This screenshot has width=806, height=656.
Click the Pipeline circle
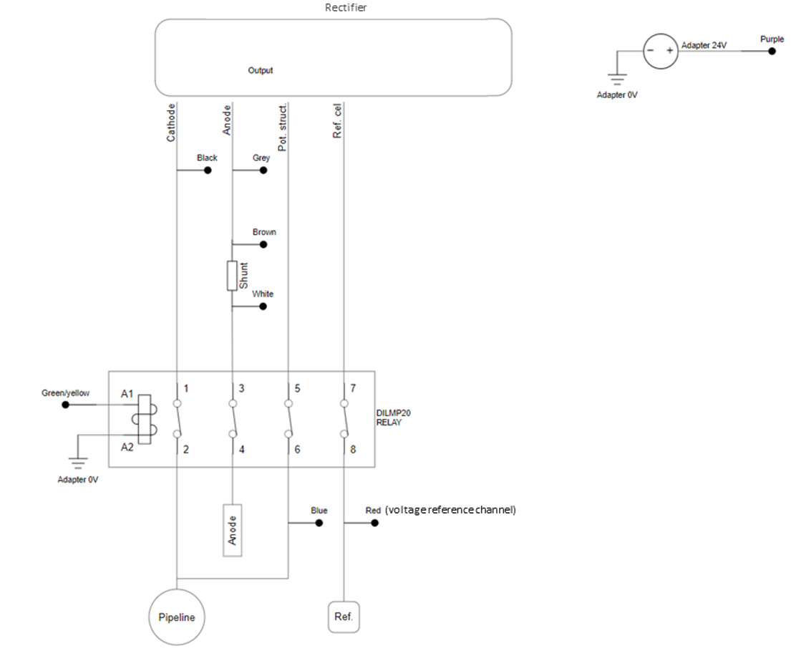point(176,617)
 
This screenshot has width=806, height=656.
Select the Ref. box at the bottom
point(344,617)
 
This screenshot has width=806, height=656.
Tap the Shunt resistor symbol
point(232,276)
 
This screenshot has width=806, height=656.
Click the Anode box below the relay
point(232,530)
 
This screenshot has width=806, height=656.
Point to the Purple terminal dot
point(771,52)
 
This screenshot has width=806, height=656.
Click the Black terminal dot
point(208,170)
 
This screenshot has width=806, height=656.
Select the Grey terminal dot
point(263,170)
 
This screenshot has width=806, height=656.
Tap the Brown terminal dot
point(263,244)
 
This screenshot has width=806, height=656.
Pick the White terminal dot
point(263,307)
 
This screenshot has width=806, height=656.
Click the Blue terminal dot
point(319,523)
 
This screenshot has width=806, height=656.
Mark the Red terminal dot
point(374,523)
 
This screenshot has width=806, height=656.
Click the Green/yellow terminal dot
point(66,405)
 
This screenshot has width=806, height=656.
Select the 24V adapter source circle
point(660,52)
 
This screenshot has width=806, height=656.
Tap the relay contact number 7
point(353,389)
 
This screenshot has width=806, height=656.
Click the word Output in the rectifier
point(261,71)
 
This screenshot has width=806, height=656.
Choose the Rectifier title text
point(345,8)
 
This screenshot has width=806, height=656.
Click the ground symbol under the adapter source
point(616,77)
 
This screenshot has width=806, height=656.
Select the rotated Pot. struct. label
point(283,127)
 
